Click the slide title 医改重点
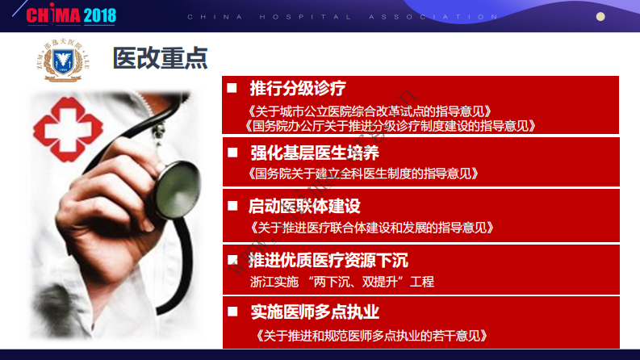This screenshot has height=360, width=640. [161, 57]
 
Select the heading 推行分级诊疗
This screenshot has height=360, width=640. [298, 87]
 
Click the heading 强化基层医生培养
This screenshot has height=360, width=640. [315, 152]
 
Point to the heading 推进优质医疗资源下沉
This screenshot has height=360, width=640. [328, 260]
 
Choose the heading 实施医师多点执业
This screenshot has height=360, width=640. [315, 312]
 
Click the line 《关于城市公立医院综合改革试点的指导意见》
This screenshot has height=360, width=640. [369, 110]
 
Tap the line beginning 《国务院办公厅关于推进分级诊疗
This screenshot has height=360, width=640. [390, 125]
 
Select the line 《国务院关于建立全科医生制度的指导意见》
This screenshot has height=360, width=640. [363, 173]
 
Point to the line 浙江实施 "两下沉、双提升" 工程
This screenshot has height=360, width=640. [341, 282]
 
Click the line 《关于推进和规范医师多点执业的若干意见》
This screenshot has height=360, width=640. [369, 335]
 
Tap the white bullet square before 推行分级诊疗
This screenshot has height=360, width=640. [232, 87]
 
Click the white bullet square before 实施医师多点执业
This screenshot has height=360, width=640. [232, 311]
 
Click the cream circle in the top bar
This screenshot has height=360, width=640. [600, 16]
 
